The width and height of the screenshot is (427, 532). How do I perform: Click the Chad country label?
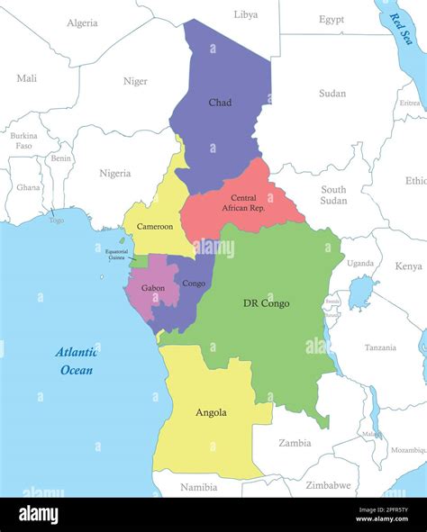point(220,103)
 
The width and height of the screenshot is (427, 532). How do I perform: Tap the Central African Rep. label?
point(243,203)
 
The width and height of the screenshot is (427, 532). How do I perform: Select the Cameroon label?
point(155,226)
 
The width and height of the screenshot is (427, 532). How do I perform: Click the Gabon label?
point(152,288)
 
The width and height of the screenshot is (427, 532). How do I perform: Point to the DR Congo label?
point(266,303)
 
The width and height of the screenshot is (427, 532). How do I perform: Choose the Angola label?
point(211,413)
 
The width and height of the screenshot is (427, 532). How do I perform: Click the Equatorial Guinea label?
point(116,254)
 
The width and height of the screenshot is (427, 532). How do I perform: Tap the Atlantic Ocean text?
point(76,361)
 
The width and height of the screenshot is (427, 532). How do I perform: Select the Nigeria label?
point(114,173)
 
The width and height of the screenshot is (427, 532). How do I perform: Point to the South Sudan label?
point(333,195)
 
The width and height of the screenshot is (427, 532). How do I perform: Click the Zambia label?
point(295,443)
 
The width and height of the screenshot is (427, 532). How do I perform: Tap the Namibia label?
point(199,487)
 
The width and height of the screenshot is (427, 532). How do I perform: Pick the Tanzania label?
point(380,347)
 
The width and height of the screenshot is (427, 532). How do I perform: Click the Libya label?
point(246,14)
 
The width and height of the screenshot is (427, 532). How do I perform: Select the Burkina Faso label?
point(24,140)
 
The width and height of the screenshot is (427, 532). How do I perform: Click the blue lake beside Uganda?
point(361,293)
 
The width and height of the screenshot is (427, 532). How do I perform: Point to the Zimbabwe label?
point(327,485)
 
